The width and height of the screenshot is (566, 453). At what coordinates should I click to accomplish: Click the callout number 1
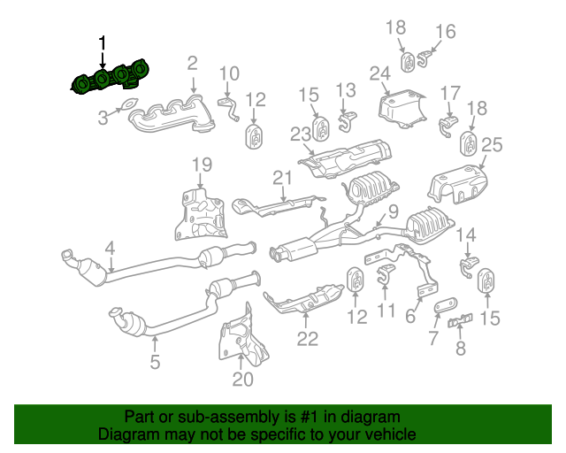[x=103, y=43]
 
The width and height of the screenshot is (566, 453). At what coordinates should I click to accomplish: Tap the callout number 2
[x=192, y=63]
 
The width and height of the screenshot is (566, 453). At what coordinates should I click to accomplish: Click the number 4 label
[x=111, y=249]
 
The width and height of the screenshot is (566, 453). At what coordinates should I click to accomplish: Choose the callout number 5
[x=155, y=361]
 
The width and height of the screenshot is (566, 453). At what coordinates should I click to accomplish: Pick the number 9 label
[x=393, y=211]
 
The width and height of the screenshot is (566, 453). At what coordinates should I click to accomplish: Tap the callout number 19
[x=203, y=164]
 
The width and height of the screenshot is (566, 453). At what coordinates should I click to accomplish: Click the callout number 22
[x=306, y=337]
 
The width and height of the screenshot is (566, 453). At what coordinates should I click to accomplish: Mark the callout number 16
[x=445, y=32]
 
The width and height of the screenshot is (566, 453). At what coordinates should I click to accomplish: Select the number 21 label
[x=281, y=178]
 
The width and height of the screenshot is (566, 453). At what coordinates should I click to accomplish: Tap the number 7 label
[x=433, y=337]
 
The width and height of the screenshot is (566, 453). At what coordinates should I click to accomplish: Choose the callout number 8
[x=460, y=349]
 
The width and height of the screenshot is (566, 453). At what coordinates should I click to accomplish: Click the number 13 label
[x=345, y=89]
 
